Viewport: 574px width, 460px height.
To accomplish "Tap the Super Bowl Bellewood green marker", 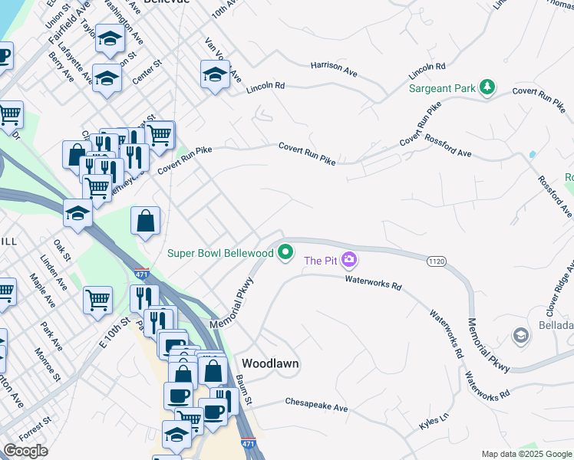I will (286, 251).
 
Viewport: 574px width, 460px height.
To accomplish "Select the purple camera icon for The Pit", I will (349, 261).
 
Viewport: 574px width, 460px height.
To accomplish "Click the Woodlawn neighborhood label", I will (270, 363).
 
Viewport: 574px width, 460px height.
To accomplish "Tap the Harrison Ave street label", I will (335, 70).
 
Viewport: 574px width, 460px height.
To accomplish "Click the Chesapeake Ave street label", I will (316, 403).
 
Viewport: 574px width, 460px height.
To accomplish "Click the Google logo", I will (26, 451).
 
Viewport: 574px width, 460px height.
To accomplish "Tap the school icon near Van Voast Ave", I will (215, 74).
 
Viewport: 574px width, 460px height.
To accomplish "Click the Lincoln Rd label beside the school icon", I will (266, 88).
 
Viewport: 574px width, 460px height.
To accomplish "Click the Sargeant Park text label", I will (441, 89).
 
